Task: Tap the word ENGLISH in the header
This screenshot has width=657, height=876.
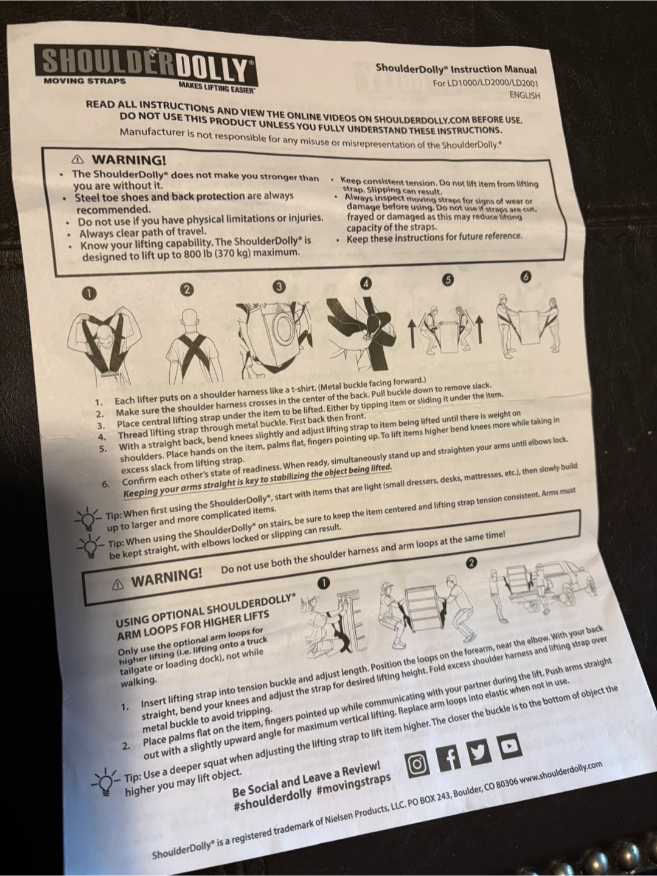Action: [524, 96]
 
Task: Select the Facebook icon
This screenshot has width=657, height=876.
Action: [449, 757]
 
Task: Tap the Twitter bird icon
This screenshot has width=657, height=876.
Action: [479, 751]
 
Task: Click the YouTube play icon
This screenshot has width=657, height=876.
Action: [509, 745]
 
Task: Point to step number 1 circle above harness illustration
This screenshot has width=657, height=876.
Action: [89, 294]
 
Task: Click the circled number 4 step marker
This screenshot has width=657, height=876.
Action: [366, 283]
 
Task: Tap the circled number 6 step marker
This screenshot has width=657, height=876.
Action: [526, 277]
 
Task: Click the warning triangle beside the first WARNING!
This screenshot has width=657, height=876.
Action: [77, 159]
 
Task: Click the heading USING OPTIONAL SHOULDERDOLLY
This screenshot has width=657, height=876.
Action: [205, 610]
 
